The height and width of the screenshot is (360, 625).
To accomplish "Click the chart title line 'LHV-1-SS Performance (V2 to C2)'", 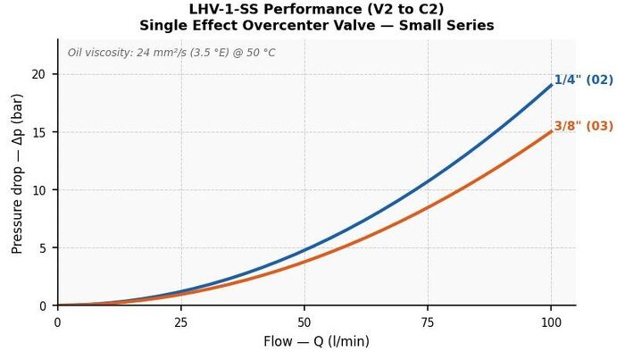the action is pos(316,9).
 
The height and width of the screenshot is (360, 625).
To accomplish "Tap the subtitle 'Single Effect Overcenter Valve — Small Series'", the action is pos(316,26).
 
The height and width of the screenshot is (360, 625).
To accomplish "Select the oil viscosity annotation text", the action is pos(171,53).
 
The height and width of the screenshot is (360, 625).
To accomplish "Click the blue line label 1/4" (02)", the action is pos(584,80).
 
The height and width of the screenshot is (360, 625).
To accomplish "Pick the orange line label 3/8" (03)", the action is pos(584,126).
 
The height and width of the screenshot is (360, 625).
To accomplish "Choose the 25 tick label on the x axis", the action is pos(181,322).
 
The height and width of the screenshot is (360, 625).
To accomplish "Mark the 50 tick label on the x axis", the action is pos(304,322).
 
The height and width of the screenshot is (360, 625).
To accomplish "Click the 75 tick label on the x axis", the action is pos(428,322).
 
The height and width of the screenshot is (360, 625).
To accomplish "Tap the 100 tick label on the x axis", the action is pos(551,322).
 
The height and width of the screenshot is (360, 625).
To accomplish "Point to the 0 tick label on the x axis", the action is pos(58,322).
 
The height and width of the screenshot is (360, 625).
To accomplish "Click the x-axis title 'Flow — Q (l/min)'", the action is pos(316,341).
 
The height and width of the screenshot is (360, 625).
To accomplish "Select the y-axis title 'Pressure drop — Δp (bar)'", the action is pos(17,174).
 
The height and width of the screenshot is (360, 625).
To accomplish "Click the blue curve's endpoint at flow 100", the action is pos(551,85).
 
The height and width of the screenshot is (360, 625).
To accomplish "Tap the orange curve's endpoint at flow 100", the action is pos(551,131).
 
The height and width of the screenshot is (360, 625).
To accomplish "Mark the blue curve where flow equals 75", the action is pos(428,181).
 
